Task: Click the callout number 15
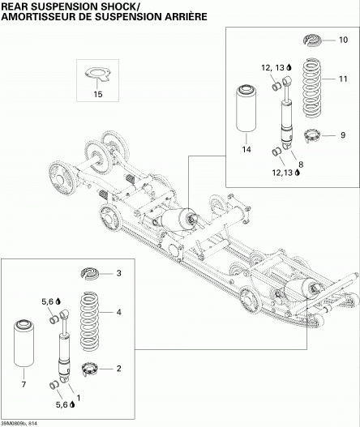(98, 94)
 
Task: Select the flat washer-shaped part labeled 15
(97, 74)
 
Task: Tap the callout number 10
(343, 40)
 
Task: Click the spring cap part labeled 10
(312, 40)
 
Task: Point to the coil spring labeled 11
(312, 88)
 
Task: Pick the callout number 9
(343, 135)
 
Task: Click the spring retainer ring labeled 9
(312, 135)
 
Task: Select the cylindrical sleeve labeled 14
(246, 109)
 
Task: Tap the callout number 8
(301, 164)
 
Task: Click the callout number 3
(119, 273)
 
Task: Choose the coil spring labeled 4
(90, 322)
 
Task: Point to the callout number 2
(119, 369)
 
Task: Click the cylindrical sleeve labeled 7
(24, 344)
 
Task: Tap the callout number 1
(79, 398)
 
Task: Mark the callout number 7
(24, 384)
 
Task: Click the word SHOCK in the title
(112, 6)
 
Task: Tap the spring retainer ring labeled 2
(90, 369)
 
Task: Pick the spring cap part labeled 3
(90, 273)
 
